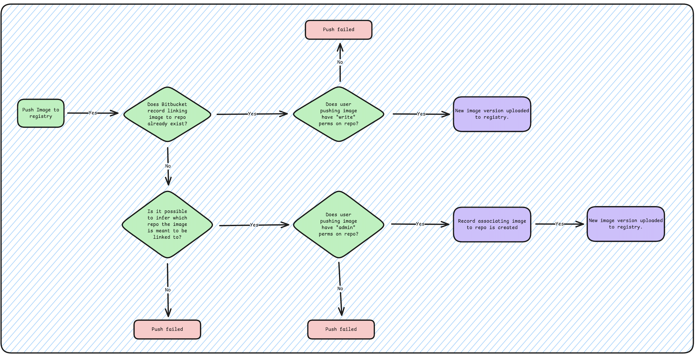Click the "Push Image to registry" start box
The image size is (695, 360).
point(41,113)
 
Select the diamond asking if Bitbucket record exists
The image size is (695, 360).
point(167,114)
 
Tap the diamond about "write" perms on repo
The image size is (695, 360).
point(339,114)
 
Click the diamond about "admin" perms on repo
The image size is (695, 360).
point(339,224)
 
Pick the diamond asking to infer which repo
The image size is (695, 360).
point(167,224)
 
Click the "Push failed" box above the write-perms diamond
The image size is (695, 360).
point(339,30)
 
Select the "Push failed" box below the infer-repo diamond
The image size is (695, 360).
point(167,329)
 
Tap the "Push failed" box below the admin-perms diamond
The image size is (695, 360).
point(341,329)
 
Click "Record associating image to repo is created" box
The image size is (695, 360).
point(492,224)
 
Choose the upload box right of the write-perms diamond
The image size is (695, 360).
point(492,114)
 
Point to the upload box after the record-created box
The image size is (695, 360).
point(626,224)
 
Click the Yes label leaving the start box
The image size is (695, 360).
point(93,113)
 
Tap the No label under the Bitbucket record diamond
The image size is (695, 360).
point(168,166)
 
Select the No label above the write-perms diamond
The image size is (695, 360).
point(340,62)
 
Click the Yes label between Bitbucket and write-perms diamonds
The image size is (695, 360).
point(252,114)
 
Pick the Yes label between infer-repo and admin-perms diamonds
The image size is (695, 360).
point(254,225)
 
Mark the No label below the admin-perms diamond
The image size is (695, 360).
point(340,288)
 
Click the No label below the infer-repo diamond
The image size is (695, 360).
point(168,290)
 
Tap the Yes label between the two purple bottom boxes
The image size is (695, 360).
point(560,224)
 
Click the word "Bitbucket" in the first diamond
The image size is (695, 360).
point(174,104)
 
